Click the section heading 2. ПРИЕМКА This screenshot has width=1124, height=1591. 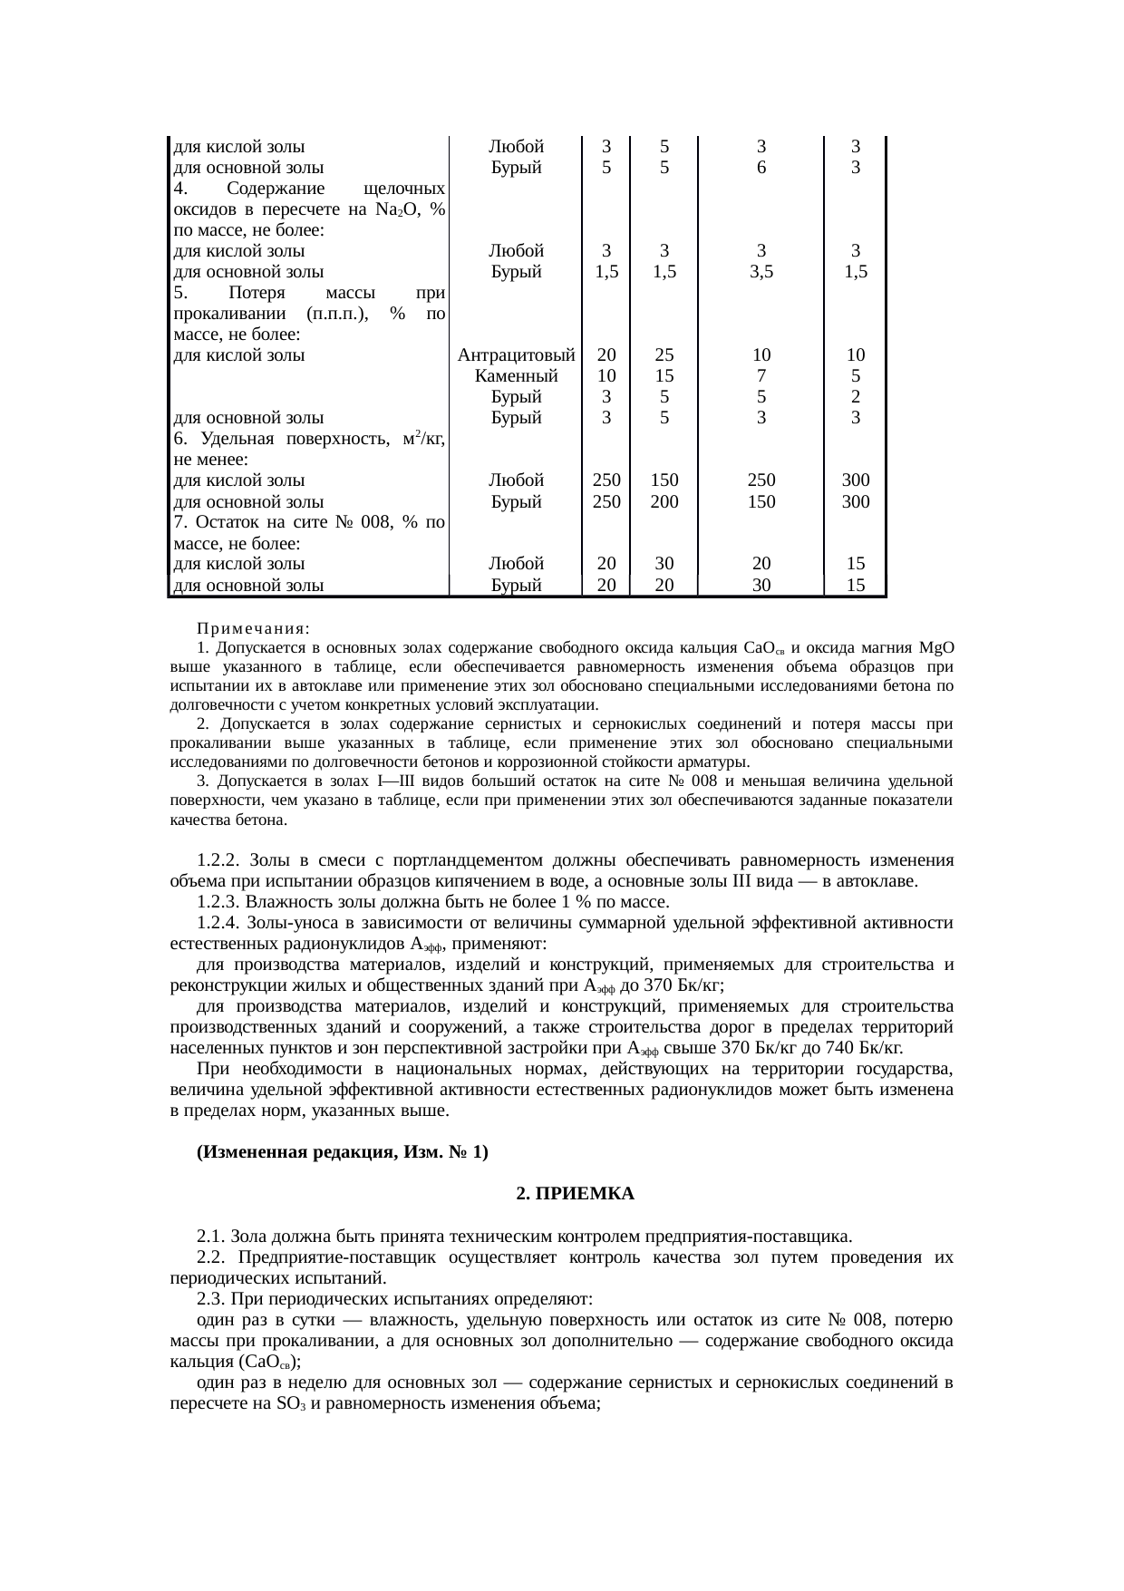coord(575,1194)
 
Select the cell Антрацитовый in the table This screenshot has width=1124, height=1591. coord(517,354)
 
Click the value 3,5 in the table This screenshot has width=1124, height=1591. coord(761,271)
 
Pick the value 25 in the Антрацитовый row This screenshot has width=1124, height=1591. coord(664,354)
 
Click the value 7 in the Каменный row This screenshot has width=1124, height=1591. coord(761,375)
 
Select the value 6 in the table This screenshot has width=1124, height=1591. coord(761,167)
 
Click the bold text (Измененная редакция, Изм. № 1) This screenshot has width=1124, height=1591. coord(343,1151)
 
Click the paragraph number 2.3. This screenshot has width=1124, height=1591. coord(211,1299)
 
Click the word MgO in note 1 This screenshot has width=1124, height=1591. coord(935,648)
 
